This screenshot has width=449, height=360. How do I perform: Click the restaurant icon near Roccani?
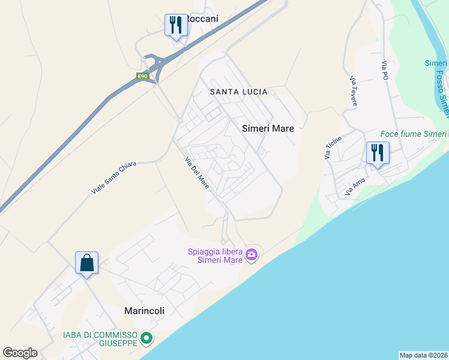coord(176,25)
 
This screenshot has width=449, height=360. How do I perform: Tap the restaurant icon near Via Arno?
coord(378,153)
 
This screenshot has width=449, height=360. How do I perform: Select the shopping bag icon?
coord(86,263)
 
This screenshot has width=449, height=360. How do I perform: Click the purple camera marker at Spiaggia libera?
coord(252,255)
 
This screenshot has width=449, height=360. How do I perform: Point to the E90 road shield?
coord(142,76)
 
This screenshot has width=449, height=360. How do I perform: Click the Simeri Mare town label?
coord(268,128)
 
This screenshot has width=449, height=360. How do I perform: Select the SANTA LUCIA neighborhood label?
coord(238,92)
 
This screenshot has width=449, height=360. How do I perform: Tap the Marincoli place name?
coord(144,311)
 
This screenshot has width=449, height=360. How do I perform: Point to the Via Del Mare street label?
coord(197,173)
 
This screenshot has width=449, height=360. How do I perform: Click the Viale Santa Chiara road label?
coord(114,177)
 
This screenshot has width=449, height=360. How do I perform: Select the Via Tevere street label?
coord(354,90)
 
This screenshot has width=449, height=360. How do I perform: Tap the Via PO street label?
coord(385,70)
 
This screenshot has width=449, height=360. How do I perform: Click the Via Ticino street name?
coord(333,148)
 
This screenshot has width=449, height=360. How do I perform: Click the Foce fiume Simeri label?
coord(414,134)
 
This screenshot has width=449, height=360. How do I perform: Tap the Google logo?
coord(20,353)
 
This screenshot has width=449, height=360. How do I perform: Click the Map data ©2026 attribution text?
coord(424,355)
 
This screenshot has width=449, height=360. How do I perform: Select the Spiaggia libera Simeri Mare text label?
coord(215,256)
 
